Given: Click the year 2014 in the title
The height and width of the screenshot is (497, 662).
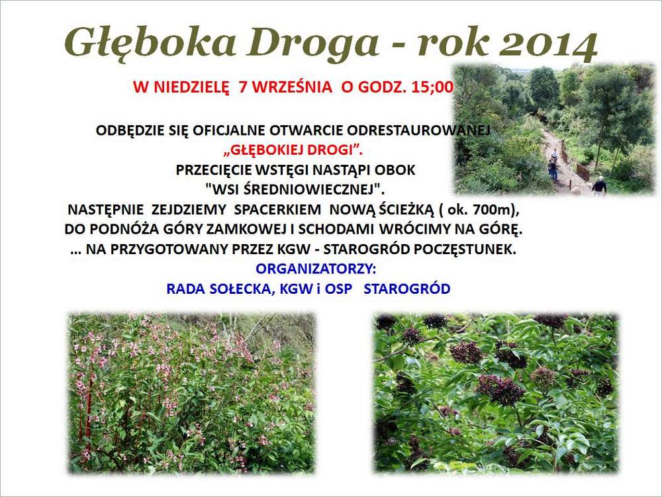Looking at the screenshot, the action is point(548,43).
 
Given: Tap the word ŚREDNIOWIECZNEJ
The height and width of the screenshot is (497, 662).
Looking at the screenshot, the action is point(295,189).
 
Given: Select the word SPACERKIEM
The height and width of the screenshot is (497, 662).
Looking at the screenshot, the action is point(277,210).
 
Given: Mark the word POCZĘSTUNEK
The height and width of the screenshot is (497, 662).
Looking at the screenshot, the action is point(465,249).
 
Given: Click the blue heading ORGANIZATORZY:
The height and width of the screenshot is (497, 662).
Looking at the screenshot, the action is point(316,269).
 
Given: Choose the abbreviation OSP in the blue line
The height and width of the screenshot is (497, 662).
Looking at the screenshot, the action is point(338,289).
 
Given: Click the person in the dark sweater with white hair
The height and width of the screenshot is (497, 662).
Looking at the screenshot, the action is point(599,186).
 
